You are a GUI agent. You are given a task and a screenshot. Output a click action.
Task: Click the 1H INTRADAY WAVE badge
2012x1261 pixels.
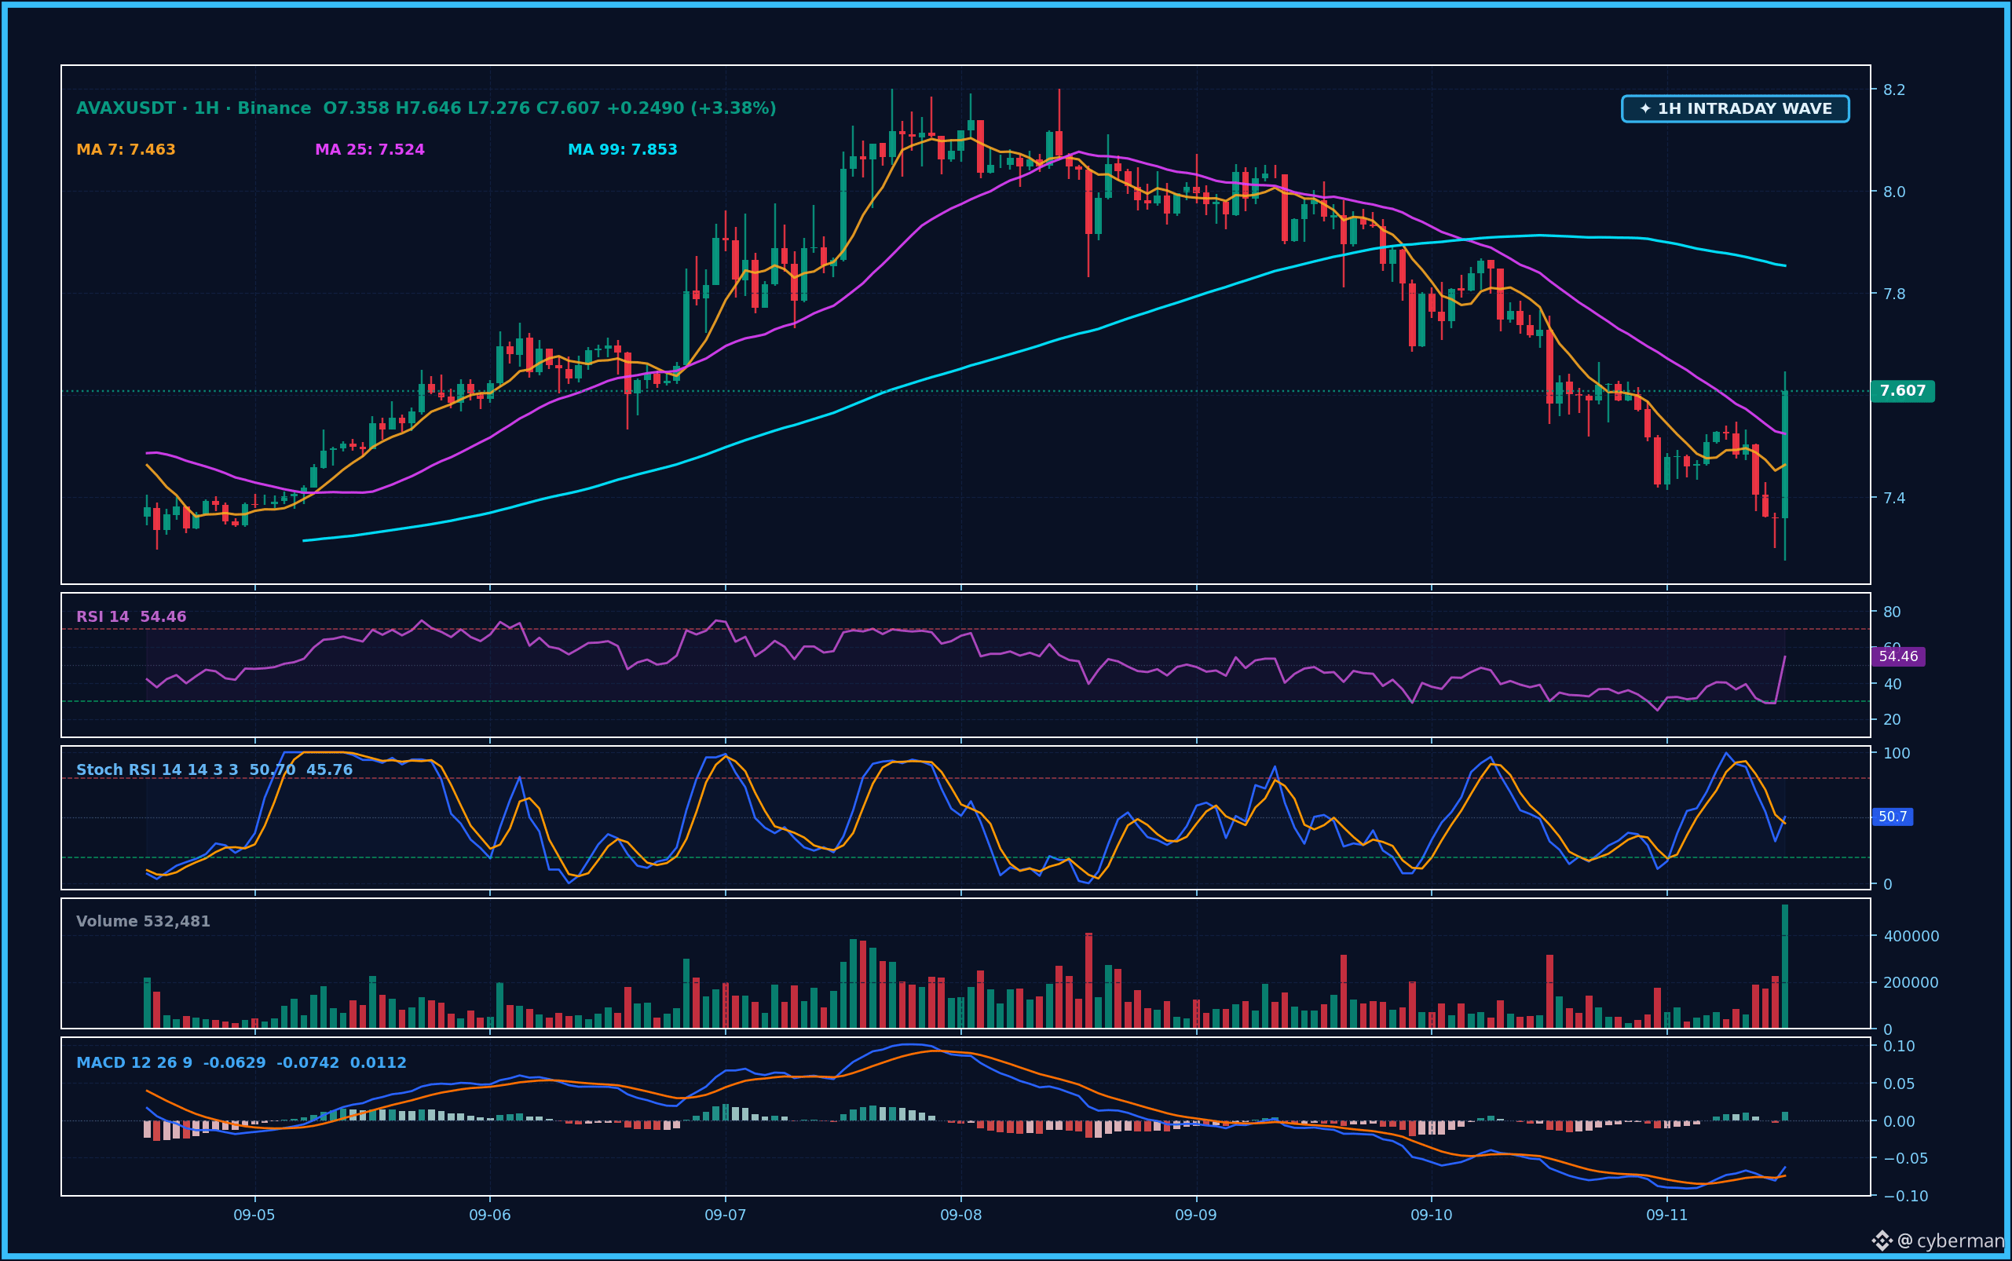click(1735, 108)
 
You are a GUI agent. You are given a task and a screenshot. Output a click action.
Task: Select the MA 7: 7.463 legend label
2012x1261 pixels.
click(126, 150)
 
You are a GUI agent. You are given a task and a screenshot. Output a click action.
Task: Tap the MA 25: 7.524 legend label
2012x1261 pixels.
click(370, 150)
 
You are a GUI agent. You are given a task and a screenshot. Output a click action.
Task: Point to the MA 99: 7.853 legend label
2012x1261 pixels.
click(622, 150)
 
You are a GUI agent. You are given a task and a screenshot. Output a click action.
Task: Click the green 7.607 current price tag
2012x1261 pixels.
click(1903, 391)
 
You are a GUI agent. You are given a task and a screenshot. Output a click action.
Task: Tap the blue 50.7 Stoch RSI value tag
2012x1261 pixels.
click(1893, 817)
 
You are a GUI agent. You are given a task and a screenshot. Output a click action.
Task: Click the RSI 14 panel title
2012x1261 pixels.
click(103, 617)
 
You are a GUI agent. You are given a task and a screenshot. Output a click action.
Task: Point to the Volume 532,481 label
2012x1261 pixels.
click(144, 922)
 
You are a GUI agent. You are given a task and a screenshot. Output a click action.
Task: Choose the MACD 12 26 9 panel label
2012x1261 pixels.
click(134, 1063)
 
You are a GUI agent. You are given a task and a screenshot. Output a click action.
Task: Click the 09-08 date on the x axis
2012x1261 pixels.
click(961, 1215)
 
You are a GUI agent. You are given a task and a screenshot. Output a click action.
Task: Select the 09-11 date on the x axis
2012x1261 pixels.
click(1666, 1215)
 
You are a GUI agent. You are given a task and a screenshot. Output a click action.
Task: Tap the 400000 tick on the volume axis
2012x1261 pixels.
click(1911, 937)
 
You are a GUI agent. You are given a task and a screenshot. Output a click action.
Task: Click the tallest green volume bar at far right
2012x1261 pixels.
click(1785, 966)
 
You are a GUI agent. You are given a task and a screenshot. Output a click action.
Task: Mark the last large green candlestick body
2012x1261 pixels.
click(1785, 455)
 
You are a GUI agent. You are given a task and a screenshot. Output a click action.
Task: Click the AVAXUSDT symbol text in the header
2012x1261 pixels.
click(126, 108)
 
